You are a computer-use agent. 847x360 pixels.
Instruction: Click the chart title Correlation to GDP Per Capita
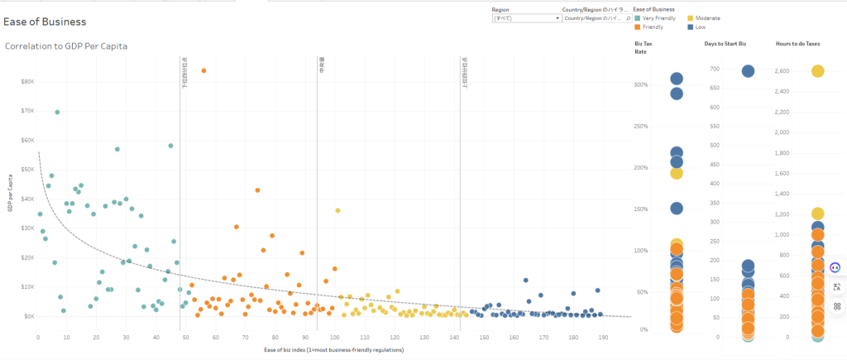coord(66,46)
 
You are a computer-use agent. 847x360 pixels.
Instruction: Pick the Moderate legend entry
coord(706,17)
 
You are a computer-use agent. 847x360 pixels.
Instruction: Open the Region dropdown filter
coord(525,17)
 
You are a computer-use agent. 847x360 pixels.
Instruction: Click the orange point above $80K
coord(203,71)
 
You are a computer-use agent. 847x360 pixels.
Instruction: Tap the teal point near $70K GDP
coord(57,113)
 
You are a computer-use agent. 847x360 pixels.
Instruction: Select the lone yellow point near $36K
coord(337,210)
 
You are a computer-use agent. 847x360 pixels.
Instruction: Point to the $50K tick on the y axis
coord(28,169)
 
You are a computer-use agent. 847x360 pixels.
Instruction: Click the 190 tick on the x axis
coord(603,338)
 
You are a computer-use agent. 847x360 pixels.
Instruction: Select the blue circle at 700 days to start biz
coord(748,71)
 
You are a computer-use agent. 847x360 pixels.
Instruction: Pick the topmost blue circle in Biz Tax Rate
coord(677,79)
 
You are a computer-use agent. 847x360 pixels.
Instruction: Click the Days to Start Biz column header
coord(725,43)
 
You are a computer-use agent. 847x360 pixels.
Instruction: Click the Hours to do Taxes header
coord(797,43)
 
